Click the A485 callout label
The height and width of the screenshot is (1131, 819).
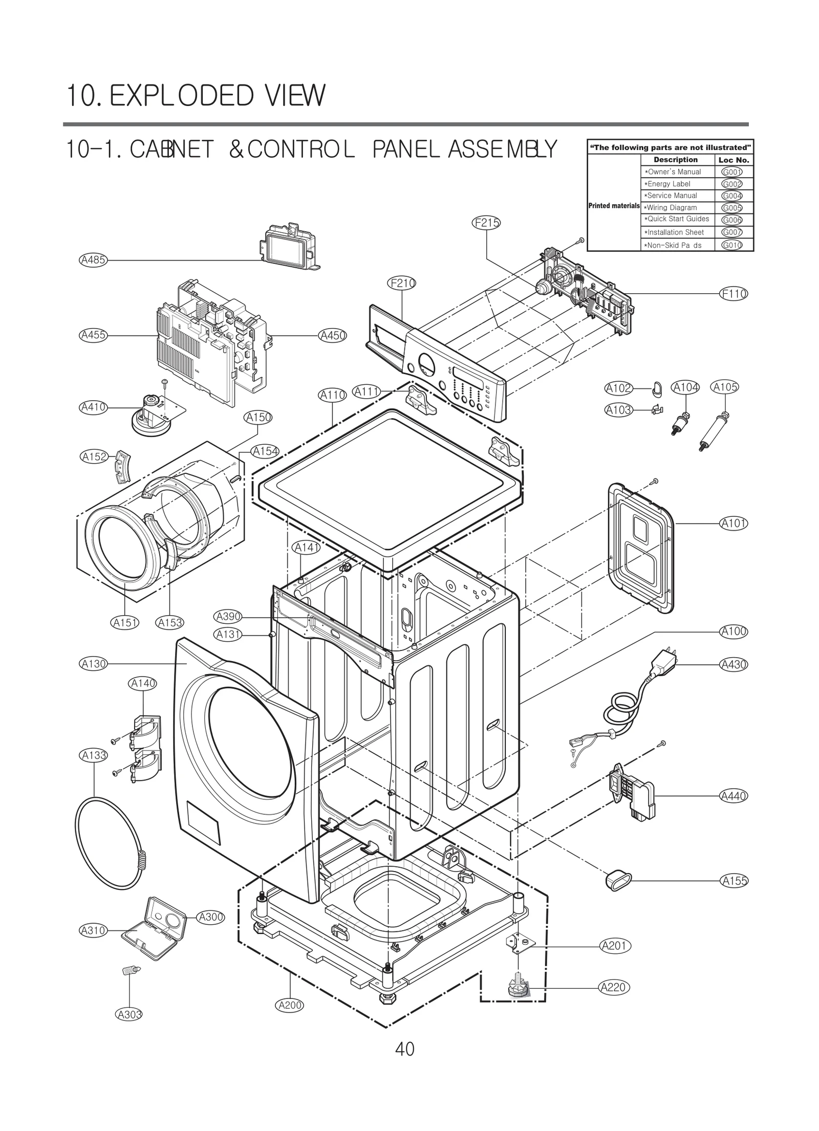pyautogui.click(x=93, y=260)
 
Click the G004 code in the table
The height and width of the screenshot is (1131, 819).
pyautogui.click(x=731, y=196)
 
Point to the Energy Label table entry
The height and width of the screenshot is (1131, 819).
pyautogui.click(x=667, y=184)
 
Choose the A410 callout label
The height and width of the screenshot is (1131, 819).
pyautogui.click(x=94, y=407)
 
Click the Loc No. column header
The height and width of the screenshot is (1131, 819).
pyautogui.click(x=734, y=160)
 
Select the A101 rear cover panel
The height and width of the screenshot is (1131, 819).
pyautogui.click(x=640, y=548)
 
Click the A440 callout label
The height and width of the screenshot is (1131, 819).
pyautogui.click(x=734, y=796)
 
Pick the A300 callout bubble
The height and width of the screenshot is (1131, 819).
pyautogui.click(x=210, y=917)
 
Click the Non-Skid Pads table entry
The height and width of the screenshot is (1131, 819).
pyautogui.click(x=673, y=245)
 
